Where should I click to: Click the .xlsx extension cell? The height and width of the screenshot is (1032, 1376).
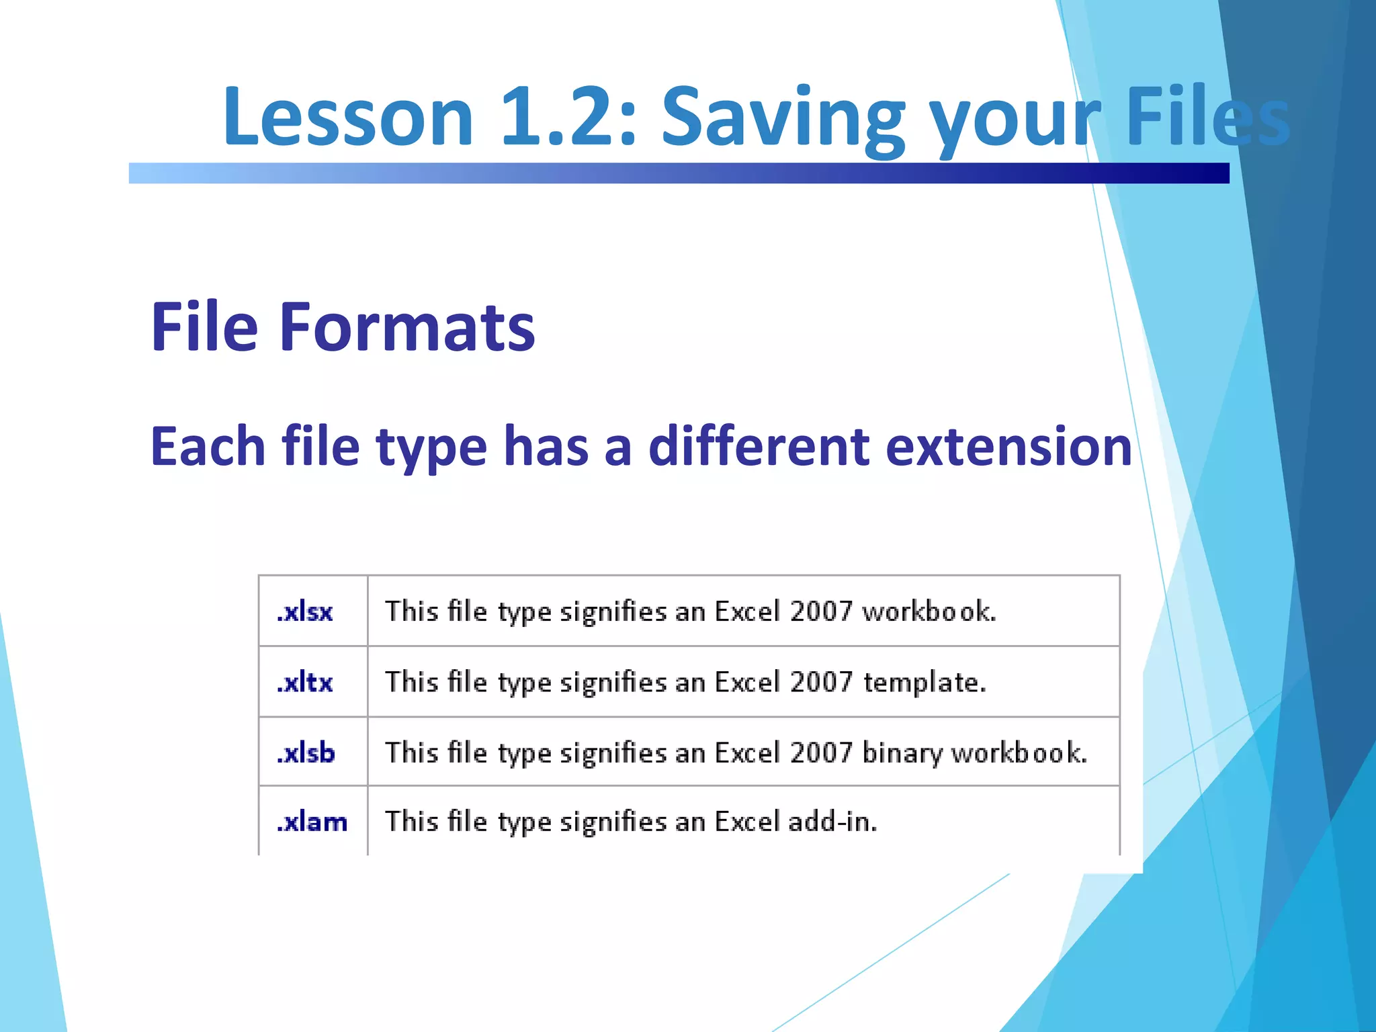(305, 612)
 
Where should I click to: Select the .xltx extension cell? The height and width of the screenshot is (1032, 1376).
(305, 683)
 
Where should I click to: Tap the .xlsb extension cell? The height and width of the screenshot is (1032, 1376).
(306, 753)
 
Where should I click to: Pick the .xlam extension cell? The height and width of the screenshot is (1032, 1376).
(312, 822)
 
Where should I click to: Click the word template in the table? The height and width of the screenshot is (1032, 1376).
(924, 683)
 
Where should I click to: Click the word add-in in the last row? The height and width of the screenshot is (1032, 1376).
(832, 822)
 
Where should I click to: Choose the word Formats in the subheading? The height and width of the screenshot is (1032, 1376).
(406, 327)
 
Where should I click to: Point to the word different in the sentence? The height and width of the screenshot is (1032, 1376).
(759, 446)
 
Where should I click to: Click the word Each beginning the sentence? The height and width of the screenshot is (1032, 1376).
(208, 446)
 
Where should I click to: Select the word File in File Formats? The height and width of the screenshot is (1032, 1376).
(204, 327)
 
